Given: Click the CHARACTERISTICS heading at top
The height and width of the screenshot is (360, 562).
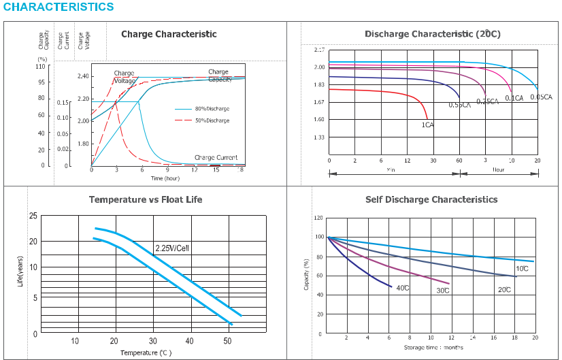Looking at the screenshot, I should click(x=59, y=7).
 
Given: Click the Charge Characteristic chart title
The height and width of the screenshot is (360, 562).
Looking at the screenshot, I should click(x=169, y=34).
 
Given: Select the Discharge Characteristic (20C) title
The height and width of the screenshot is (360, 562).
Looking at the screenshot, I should click(x=432, y=34).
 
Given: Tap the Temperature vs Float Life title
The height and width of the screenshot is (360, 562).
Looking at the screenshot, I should click(x=146, y=199).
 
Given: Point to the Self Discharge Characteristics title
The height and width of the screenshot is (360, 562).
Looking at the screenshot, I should click(x=431, y=199).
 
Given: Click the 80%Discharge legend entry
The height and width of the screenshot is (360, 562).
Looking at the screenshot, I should click(x=212, y=109).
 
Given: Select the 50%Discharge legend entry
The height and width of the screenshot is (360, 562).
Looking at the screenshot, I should click(x=212, y=120).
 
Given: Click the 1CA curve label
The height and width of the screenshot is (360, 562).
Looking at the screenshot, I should click(x=428, y=125).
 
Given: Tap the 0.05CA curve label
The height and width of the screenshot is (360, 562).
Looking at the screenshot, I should click(x=541, y=97).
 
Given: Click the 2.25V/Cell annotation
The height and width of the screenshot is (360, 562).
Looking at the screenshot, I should click(x=172, y=248).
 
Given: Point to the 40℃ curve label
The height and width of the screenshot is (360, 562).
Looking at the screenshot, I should click(x=402, y=288).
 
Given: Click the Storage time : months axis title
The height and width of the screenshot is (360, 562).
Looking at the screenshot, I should click(x=433, y=348).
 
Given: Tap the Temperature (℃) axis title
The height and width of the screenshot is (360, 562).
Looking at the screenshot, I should click(x=146, y=353).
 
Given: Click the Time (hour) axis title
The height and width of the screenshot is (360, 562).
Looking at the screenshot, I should click(x=165, y=178).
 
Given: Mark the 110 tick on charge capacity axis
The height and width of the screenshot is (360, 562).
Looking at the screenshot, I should click(x=41, y=67).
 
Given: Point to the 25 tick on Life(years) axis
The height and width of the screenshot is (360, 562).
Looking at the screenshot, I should click(x=33, y=216).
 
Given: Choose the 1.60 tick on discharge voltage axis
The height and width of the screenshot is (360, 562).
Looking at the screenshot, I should click(x=319, y=119).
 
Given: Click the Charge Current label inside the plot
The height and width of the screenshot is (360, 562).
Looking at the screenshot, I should click(x=216, y=157).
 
